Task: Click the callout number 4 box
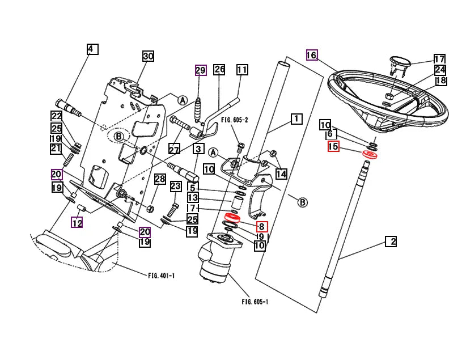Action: click(x=92, y=49)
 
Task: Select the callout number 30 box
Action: click(x=148, y=56)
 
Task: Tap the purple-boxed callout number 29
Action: click(x=200, y=70)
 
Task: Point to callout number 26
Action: click(x=219, y=70)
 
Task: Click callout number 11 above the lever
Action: click(x=242, y=70)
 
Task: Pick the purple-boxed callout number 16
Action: click(x=311, y=55)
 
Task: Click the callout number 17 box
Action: click(x=439, y=59)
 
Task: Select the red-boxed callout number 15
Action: click(x=333, y=147)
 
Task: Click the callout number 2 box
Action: click(x=391, y=242)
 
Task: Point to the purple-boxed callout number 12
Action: click(x=77, y=223)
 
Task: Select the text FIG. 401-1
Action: click(x=162, y=276)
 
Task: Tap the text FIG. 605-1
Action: click(x=255, y=302)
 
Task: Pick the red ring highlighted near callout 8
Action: click(x=232, y=218)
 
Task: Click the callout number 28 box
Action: click(x=160, y=179)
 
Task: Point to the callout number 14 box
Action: click(x=281, y=173)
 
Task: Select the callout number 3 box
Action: click(x=198, y=149)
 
